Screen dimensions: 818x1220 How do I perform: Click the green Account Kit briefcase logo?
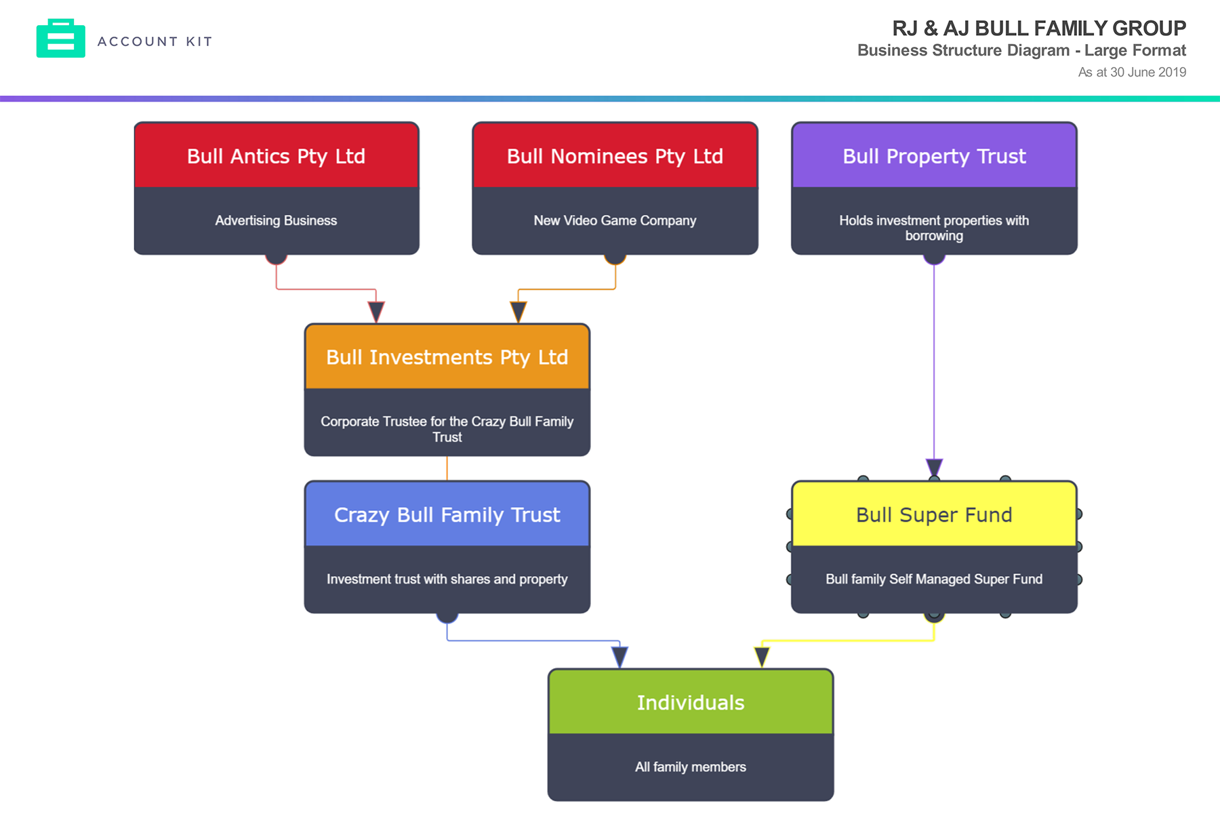(x=60, y=39)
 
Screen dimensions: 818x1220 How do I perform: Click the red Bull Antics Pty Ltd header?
(x=276, y=156)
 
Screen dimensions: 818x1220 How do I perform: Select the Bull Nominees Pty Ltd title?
(x=615, y=156)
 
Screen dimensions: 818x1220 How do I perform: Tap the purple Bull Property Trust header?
(x=934, y=156)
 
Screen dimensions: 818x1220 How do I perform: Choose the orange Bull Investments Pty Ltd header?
(x=447, y=357)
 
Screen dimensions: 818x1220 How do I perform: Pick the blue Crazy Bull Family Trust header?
(x=447, y=514)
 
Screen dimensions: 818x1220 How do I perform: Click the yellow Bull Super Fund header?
(x=934, y=514)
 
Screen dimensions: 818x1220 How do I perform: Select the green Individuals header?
(x=691, y=702)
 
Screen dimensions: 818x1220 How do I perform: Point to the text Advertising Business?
(x=276, y=220)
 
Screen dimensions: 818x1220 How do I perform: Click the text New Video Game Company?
(x=615, y=220)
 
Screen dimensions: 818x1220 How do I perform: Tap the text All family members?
(x=691, y=766)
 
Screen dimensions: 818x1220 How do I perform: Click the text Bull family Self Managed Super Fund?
(x=934, y=579)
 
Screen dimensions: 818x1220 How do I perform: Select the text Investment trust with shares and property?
(x=447, y=579)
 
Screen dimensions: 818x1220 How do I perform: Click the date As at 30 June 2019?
(x=1132, y=72)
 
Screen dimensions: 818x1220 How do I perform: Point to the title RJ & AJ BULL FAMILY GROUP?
(x=1038, y=28)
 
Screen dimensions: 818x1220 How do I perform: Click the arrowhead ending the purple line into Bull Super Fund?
(x=934, y=468)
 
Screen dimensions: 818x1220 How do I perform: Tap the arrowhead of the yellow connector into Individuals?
(x=762, y=657)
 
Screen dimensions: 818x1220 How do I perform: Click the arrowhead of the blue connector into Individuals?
(x=619, y=657)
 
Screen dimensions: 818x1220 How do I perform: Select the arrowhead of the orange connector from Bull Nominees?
(x=518, y=312)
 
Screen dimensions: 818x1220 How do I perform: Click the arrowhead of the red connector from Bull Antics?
(x=376, y=312)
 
